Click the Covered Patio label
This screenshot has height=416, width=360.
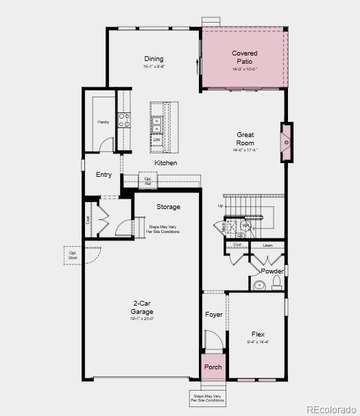pos(244,58)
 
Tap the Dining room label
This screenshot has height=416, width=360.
pos(154,59)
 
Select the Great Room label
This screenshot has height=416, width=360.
pos(245,139)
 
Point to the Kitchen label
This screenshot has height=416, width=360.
pos(165,163)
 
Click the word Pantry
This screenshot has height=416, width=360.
pos(104,122)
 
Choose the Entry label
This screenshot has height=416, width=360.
pos(104,175)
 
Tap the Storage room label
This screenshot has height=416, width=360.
pos(168,207)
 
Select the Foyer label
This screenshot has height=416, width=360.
pos(214,315)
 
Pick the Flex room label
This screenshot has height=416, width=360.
pos(258,334)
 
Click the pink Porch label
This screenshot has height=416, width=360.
pos(213,367)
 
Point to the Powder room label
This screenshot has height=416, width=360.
pos(272,271)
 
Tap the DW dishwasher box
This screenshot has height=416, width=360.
pos(157,140)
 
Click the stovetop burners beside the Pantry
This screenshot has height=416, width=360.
pos(124,121)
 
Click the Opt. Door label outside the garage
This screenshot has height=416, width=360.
pos(73,256)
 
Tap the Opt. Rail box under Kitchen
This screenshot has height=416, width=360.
pos(147,181)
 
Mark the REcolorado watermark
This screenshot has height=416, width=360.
pos(331,410)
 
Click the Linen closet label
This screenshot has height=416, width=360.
pos(267,245)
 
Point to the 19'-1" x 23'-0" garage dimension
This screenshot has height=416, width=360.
pos(142,319)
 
